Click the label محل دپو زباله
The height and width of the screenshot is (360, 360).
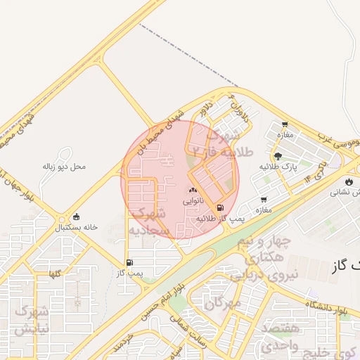(x=64, y=167)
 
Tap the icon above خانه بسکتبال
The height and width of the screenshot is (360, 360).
(x=76, y=217)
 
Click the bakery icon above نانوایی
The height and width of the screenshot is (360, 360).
(x=193, y=190)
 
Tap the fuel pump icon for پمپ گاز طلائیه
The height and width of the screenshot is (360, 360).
(x=221, y=208)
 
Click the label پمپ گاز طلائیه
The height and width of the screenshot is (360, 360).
(x=213, y=219)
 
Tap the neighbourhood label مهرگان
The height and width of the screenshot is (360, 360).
(x=224, y=303)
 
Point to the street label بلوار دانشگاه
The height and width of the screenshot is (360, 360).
(x=328, y=304)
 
